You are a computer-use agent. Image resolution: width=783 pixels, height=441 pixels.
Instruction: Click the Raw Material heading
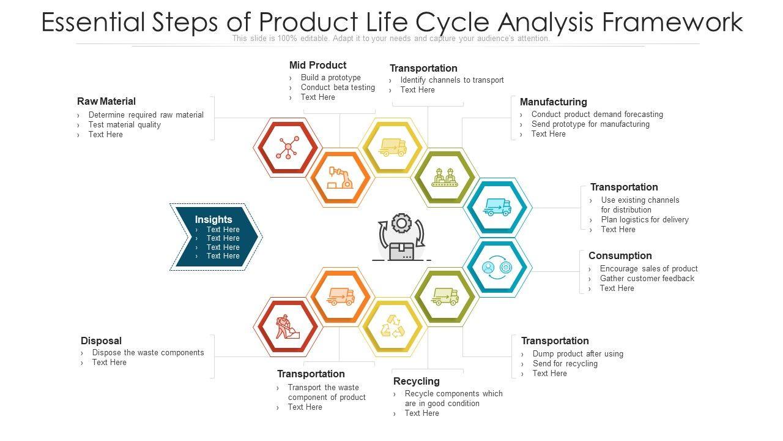(106, 101)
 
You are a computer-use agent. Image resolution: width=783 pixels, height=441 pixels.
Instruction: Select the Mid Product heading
(317, 65)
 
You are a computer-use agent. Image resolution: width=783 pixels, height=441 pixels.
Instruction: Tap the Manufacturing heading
(553, 102)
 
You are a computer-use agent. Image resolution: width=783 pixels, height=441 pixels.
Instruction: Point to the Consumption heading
(620, 255)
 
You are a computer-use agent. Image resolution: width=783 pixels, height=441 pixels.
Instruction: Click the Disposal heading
(101, 341)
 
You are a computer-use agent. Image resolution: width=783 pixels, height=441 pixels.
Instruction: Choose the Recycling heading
(416, 381)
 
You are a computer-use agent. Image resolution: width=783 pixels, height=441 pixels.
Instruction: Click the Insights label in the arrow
(213, 219)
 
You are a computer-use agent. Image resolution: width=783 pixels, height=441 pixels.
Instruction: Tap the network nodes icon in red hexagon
(287, 148)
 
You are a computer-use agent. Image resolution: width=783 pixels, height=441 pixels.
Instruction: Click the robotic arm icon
(340, 178)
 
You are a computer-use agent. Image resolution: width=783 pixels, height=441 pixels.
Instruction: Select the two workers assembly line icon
(445, 178)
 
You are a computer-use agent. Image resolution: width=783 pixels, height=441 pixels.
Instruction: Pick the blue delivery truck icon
(497, 207)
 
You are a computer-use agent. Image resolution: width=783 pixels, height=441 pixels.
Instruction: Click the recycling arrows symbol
(393, 326)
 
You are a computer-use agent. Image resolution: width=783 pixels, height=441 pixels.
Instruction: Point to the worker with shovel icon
(287, 326)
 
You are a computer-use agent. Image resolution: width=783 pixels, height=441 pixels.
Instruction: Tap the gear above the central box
(401, 223)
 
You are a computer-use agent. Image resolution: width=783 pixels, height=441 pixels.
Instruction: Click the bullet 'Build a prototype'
(330, 78)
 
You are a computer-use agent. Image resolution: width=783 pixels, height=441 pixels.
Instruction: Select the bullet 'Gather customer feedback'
(647, 278)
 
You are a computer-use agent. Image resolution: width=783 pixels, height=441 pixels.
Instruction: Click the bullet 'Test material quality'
(124, 124)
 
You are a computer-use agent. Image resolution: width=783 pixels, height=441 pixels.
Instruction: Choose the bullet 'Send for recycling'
(565, 363)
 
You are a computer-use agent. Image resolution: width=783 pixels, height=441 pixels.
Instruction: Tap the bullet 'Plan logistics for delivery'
(645, 219)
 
